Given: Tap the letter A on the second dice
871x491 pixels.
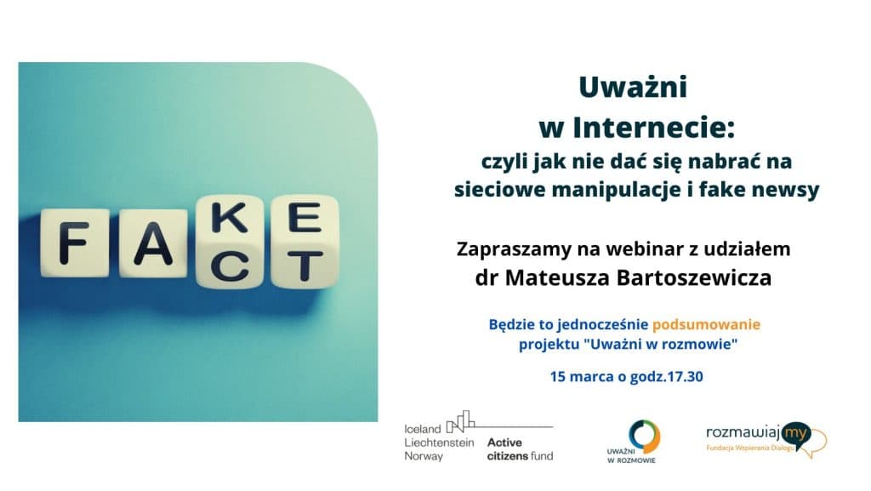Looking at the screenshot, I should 151,246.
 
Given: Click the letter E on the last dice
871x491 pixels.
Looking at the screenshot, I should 304,219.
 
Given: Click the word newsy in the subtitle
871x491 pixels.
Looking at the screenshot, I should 787,190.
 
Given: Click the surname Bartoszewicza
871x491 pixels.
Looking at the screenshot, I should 685,278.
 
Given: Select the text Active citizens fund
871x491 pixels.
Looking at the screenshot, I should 520,448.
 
